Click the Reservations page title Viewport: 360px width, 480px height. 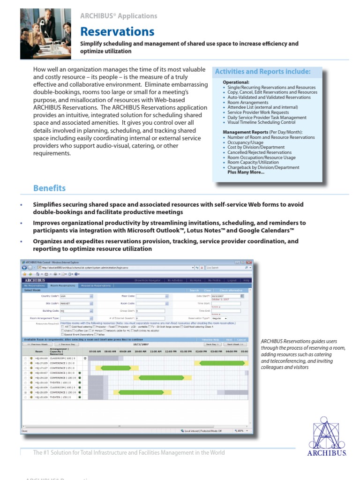pyautogui.click(x=117, y=31)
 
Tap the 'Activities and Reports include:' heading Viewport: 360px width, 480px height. pyautogui.click(x=262, y=72)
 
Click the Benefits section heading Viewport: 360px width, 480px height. pyautogui.click(x=49, y=188)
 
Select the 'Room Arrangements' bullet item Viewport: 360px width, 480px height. pyautogui.click(x=248, y=103)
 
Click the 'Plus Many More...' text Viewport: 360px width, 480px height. pyautogui.click(x=246, y=172)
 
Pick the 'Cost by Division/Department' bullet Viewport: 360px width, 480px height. pyautogui.click(x=256, y=147)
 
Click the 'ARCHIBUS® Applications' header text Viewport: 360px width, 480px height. pyautogui.click(x=119, y=16)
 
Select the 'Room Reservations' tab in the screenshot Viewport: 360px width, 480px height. pyautogui.click(x=63, y=285)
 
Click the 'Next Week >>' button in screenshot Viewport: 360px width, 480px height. pyautogui.click(x=236, y=344)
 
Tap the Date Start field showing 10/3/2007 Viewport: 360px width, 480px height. pyautogui.click(x=225, y=296)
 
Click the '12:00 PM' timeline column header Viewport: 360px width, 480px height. pyautogui.click(x=171, y=351)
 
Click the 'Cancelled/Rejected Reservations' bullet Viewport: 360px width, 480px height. pyautogui.click(x=259, y=152)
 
